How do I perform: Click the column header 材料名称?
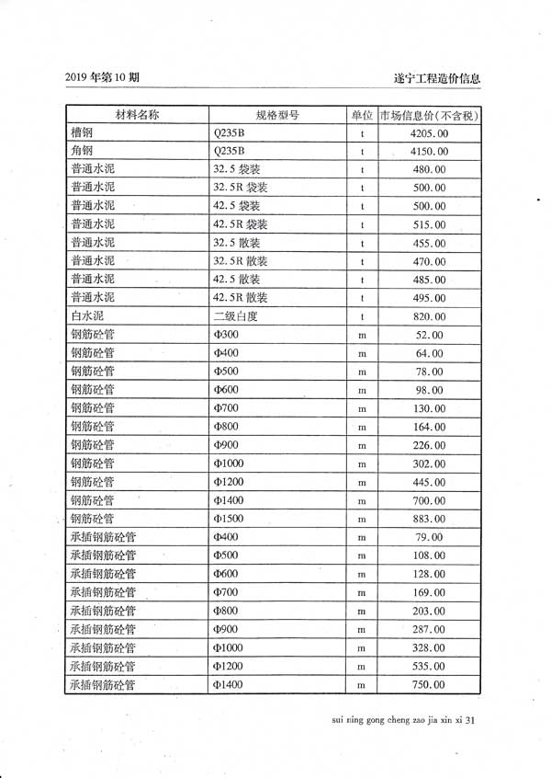click(137, 115)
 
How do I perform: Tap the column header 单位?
click(362, 115)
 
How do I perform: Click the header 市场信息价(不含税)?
click(430, 116)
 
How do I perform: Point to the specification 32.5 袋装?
click(238, 169)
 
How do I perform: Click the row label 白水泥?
click(88, 316)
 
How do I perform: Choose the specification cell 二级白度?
click(236, 316)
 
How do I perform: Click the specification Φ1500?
click(229, 519)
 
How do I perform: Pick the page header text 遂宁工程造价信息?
click(436, 79)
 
